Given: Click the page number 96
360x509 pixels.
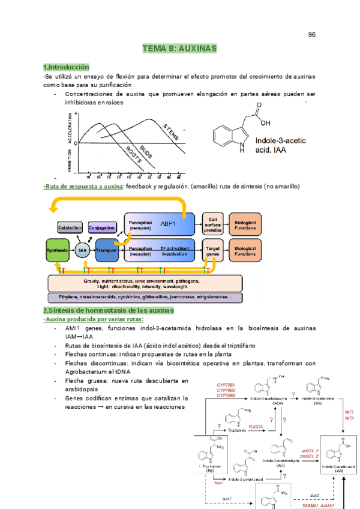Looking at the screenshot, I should [312, 34].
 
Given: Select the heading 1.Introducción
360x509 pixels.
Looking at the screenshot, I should [66, 67].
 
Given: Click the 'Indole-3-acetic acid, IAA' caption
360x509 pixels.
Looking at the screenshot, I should [280, 145].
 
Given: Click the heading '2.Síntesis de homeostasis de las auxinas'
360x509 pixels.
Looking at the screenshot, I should [108, 310].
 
